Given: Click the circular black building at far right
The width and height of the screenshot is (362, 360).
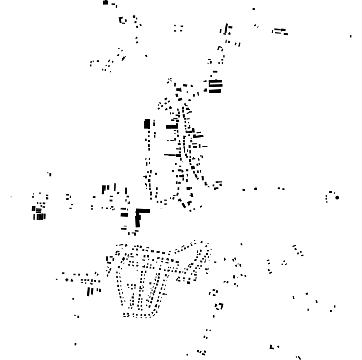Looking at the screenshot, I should [337, 198].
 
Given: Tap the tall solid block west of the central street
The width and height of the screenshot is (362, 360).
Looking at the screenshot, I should [147, 124].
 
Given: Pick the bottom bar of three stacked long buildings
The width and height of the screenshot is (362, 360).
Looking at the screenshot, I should [215, 91].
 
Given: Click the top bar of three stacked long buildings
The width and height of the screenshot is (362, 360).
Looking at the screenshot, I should [216, 81].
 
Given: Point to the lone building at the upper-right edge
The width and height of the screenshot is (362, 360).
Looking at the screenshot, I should [351, 36].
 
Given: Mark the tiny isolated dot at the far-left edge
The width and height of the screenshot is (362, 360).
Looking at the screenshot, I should [11, 197].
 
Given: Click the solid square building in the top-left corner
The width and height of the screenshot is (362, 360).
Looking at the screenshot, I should [105, 2].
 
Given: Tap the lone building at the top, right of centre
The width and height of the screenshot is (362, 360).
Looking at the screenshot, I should [254, 9].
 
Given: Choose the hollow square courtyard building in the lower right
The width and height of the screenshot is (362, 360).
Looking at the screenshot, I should [220, 306].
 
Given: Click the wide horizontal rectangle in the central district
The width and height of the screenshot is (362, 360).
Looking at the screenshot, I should [172, 127].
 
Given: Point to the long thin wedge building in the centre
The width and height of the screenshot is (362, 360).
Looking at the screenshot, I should [171, 155].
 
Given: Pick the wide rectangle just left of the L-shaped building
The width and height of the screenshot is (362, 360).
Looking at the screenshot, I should [124, 214].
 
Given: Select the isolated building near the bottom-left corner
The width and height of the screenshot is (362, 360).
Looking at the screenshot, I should [76, 344].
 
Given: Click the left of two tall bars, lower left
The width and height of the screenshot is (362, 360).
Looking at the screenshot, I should [89, 291].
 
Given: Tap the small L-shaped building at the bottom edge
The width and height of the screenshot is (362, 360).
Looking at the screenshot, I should [272, 347].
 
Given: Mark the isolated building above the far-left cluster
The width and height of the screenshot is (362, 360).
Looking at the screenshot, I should [49, 174].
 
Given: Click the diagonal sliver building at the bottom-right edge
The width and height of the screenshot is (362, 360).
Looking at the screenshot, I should [299, 357].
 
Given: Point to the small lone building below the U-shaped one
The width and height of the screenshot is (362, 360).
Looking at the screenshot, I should [146, 56].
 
